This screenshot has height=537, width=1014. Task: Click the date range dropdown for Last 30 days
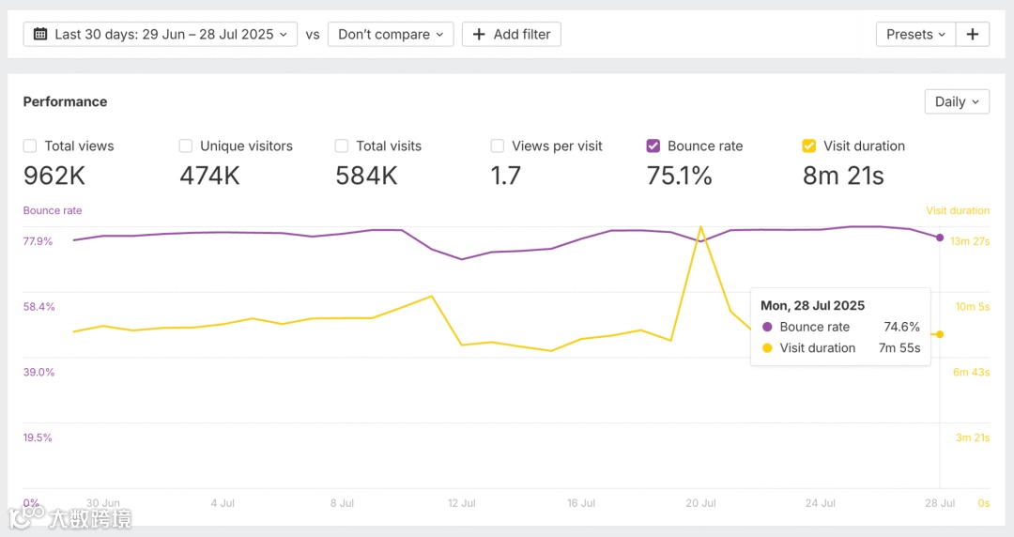[x=160, y=35]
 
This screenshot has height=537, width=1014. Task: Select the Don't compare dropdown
[x=391, y=35]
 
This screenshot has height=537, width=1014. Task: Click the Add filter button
[x=512, y=35]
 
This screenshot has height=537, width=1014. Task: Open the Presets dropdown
[x=915, y=35]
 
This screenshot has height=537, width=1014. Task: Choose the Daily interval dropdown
[x=957, y=101]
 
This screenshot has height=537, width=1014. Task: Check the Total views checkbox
[x=30, y=146]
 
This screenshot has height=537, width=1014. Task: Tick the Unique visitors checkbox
[x=186, y=146]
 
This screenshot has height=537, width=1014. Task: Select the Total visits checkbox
[x=342, y=146]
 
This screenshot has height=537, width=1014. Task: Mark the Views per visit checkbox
[x=498, y=146]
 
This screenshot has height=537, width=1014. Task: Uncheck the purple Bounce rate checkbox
[x=653, y=146]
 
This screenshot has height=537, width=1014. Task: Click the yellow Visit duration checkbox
[x=809, y=146]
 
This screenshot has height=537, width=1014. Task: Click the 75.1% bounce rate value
[x=679, y=176]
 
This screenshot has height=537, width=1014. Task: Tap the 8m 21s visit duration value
[x=843, y=176]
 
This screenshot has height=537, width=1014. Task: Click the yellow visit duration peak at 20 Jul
[x=700, y=226]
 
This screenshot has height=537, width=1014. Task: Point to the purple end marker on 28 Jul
[x=940, y=238]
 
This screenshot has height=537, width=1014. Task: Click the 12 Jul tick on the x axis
[x=462, y=503]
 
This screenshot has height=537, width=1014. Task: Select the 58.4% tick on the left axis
[x=38, y=307]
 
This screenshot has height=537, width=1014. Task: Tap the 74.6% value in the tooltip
[x=901, y=327]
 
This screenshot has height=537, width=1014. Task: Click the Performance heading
[x=65, y=101]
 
